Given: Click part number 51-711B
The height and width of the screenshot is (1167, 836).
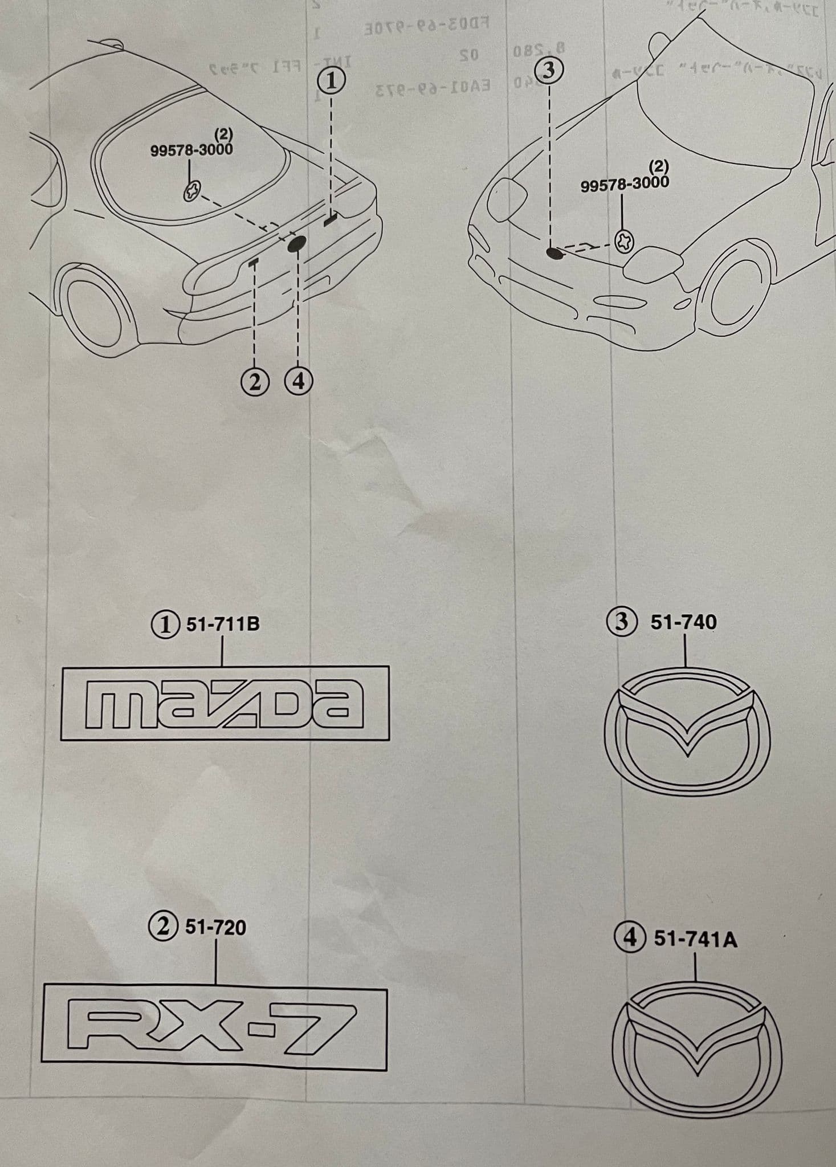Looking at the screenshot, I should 223,624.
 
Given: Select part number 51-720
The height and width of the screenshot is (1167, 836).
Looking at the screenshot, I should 215,928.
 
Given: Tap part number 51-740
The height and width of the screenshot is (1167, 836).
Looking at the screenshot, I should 683,622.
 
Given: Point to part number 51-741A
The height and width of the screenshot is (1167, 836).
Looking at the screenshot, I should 695,939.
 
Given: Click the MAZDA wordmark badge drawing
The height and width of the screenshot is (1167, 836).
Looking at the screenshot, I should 225,703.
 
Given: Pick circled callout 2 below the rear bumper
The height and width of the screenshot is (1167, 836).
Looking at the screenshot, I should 255,382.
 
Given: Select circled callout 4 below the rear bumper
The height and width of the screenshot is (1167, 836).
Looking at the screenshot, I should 298,382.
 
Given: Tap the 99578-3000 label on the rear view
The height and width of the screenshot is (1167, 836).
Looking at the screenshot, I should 191,149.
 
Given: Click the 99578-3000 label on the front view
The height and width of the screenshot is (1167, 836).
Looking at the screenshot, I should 625,183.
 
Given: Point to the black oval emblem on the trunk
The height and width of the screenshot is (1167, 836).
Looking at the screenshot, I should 297,244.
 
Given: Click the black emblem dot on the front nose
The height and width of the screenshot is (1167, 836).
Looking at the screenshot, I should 554,252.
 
